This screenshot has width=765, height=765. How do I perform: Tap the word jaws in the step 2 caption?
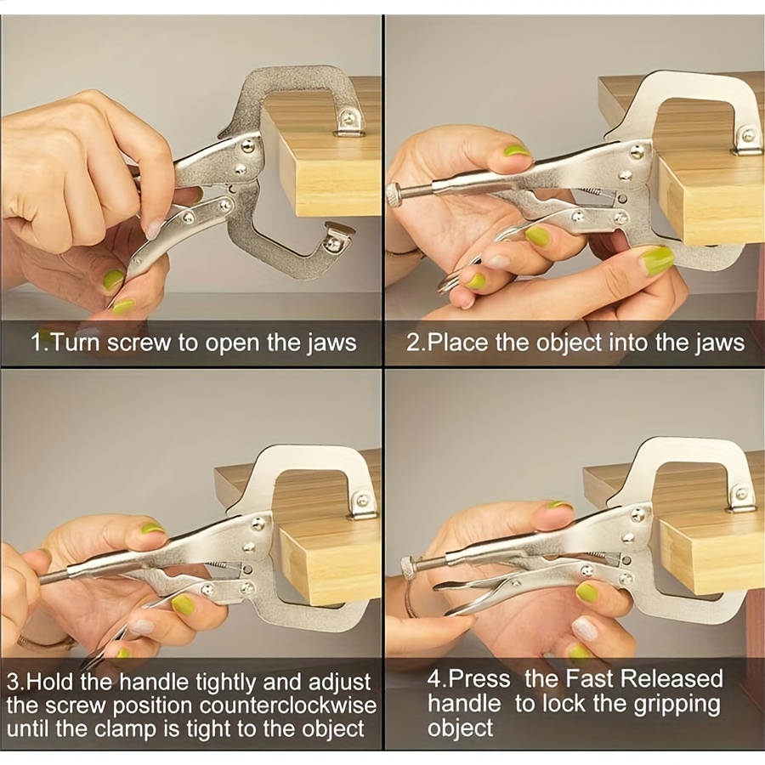point(720,343)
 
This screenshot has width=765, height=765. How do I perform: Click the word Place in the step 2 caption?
point(457,343)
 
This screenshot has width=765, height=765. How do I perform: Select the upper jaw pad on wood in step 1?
point(348,122)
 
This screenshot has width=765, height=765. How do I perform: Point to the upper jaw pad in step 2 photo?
point(746,139)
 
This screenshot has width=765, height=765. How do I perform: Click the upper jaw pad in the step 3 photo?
point(362,503)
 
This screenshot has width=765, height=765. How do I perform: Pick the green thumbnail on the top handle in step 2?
point(517,150)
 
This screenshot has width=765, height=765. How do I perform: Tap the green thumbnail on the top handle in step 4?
point(559,505)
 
